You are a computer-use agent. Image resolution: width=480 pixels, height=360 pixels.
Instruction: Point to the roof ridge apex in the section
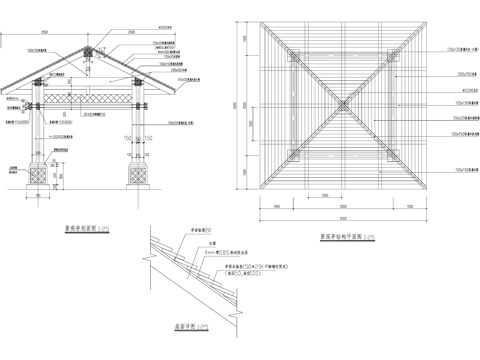(88, 45)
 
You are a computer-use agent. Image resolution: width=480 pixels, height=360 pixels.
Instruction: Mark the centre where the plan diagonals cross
(339, 101)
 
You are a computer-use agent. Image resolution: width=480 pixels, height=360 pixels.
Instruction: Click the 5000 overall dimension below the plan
(339, 217)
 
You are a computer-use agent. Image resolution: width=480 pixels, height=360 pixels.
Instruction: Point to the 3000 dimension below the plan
(339, 205)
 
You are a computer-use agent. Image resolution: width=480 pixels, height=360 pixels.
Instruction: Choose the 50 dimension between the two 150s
(136, 138)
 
